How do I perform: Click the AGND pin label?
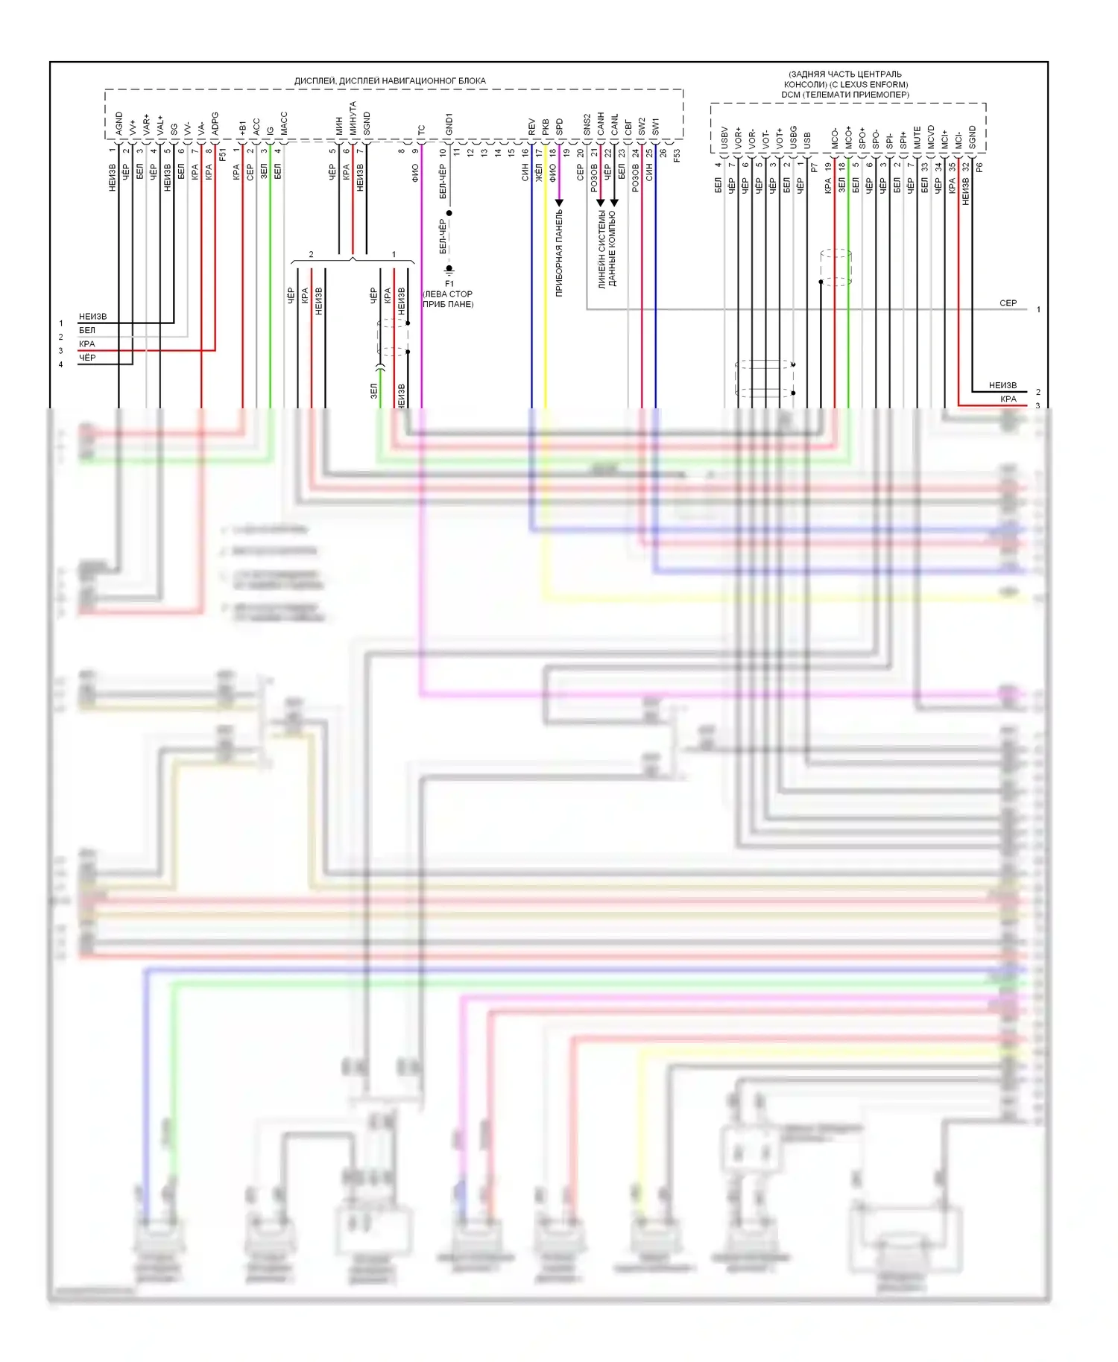point(119,124)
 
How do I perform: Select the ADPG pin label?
point(215,124)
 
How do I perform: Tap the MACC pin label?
point(284,124)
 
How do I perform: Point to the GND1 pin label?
point(449,124)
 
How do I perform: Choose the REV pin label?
point(532,127)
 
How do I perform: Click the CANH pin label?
point(601,124)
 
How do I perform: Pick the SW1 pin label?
point(656,126)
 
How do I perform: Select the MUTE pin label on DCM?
point(918,137)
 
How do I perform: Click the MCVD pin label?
point(931,136)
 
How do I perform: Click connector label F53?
point(677,156)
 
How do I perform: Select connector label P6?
point(979,168)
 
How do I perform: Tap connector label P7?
point(815,168)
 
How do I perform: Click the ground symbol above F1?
point(449,269)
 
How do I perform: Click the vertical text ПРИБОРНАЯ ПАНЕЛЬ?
point(559,253)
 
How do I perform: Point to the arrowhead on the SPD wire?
point(559,203)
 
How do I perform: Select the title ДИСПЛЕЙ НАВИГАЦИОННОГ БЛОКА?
point(390,80)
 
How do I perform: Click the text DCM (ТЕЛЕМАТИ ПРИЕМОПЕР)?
point(845,95)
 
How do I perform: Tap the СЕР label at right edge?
point(1008,303)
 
